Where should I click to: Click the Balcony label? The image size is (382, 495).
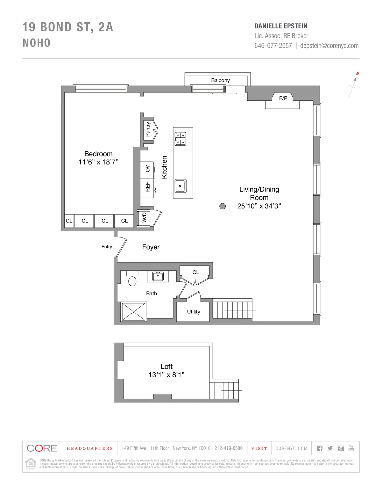(220, 80)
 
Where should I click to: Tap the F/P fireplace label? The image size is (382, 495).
(283, 98)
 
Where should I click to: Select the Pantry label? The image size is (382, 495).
(148, 129)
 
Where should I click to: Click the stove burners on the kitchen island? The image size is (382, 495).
(180, 139)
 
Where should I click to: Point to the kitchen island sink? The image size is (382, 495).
(180, 186)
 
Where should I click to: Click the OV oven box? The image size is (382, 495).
(147, 169)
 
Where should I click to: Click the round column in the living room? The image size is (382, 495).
(223, 206)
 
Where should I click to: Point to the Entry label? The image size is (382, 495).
(107, 247)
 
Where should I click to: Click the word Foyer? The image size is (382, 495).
(151, 247)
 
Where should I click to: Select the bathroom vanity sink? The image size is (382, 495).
(158, 276)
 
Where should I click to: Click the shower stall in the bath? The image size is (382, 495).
(134, 312)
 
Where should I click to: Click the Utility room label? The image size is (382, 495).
(194, 312)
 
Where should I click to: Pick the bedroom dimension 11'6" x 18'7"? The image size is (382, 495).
(98, 162)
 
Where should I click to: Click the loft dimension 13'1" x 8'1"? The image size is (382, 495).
(166, 375)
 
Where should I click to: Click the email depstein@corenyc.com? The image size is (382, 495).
(329, 46)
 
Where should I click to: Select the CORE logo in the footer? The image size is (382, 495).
(42, 448)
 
